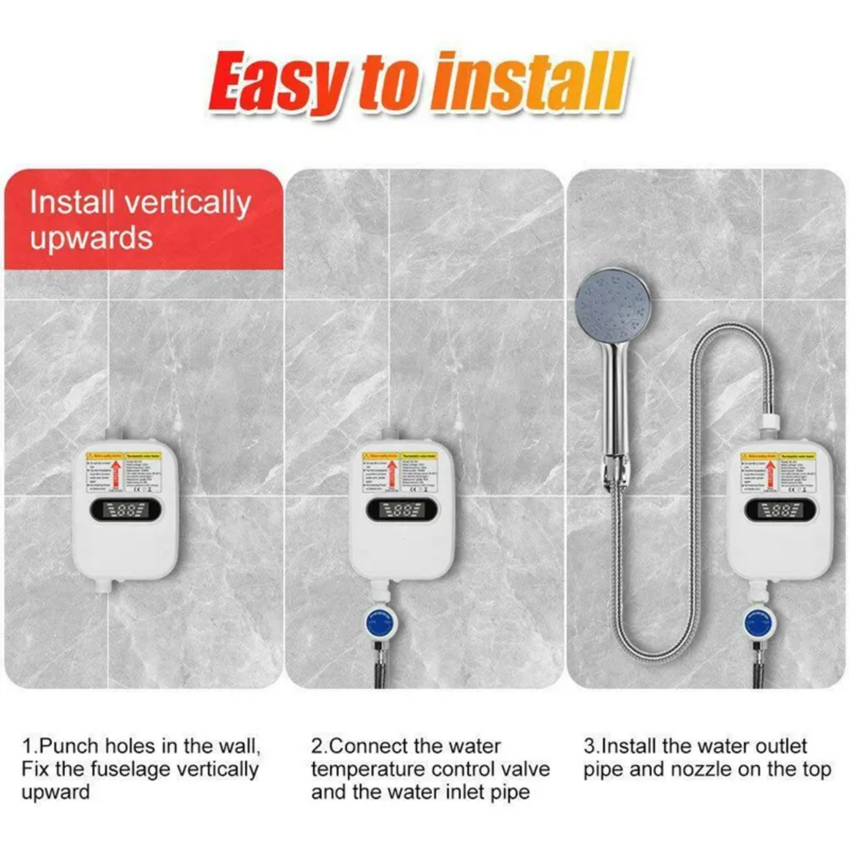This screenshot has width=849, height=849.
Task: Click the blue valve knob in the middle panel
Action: click(x=381, y=623)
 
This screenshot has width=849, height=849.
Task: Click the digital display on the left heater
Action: click(x=125, y=510)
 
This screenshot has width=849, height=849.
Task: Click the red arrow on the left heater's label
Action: click(x=116, y=474)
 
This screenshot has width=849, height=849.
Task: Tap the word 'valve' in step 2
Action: click(x=525, y=769)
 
